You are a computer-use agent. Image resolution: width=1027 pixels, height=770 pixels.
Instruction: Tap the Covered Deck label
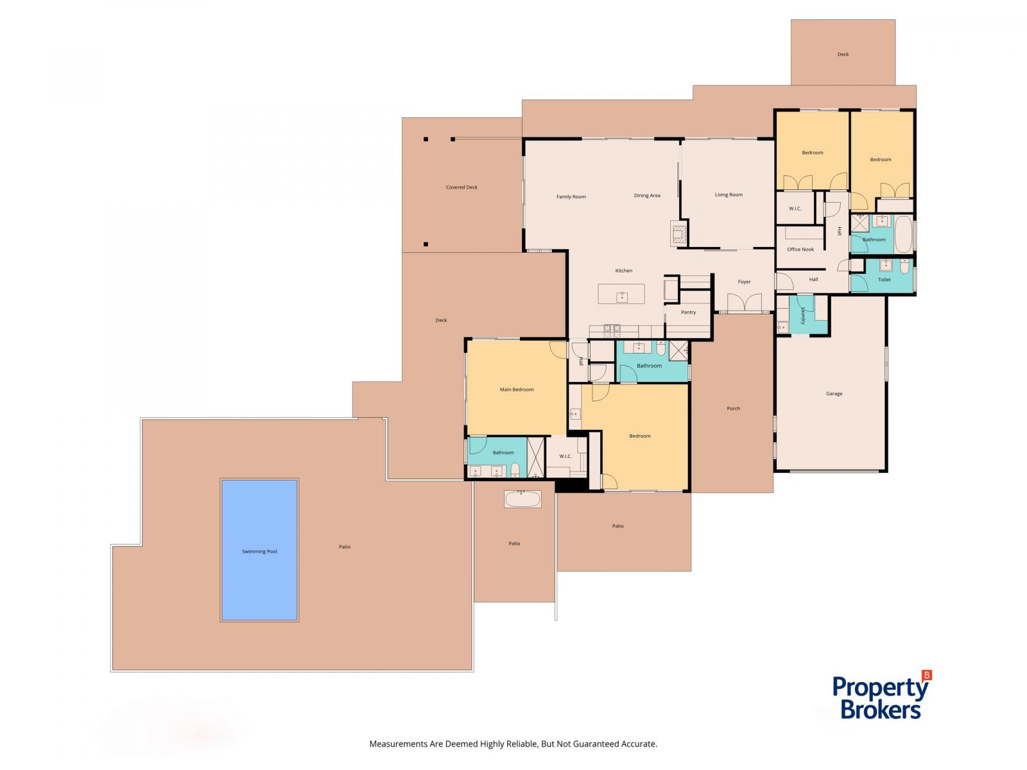pyautogui.click(x=462, y=187)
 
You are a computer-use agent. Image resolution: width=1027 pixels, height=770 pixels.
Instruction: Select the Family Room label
pyautogui.click(x=571, y=196)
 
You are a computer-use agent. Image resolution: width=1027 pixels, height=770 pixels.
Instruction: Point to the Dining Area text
pyautogui.click(x=646, y=195)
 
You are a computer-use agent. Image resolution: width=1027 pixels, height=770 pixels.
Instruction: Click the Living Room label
pyautogui.click(x=728, y=194)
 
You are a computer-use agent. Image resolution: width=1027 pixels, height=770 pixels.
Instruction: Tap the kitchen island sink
pyautogui.click(x=621, y=296)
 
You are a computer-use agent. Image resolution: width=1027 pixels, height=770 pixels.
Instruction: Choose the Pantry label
pyautogui.click(x=688, y=312)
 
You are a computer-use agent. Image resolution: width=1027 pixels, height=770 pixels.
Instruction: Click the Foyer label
pyautogui.click(x=744, y=282)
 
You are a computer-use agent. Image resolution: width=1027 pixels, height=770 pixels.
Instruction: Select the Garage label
pyautogui.click(x=834, y=393)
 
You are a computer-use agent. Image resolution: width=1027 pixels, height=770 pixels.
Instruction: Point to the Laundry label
pyautogui.click(x=802, y=315)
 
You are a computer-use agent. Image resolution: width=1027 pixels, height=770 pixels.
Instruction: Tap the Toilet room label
pyautogui.click(x=884, y=279)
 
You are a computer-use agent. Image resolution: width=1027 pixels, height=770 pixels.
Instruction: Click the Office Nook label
pyautogui.click(x=800, y=249)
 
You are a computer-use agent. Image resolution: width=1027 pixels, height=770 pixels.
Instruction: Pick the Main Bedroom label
pyautogui.click(x=516, y=389)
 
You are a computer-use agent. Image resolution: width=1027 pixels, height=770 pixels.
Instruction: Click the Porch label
pyautogui.click(x=733, y=408)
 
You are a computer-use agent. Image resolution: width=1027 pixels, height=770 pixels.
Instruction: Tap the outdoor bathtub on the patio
pyautogui.click(x=522, y=499)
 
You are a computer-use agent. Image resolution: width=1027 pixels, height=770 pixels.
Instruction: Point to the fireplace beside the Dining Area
pyautogui.click(x=678, y=233)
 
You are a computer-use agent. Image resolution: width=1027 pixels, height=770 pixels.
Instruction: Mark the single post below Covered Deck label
pyautogui.click(x=426, y=244)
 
